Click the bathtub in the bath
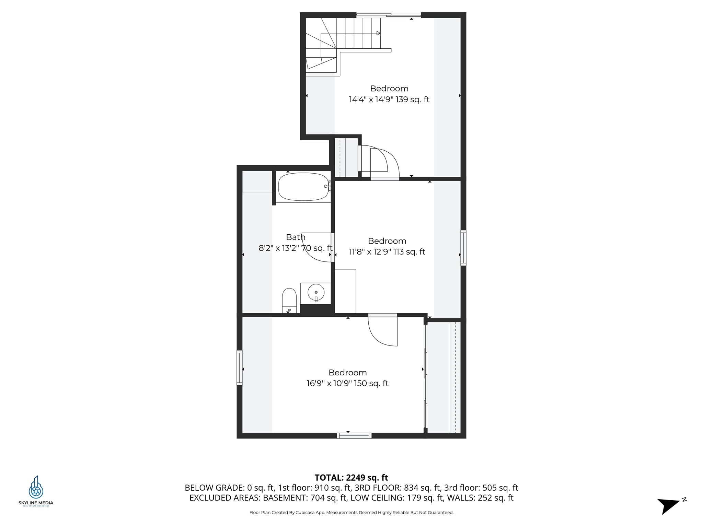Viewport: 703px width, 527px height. click(303, 187)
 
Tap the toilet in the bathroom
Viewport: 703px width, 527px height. click(289, 299)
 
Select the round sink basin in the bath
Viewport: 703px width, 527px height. click(316, 292)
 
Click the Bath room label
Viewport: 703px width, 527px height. click(296, 237)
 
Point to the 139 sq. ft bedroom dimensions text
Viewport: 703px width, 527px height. click(389, 99)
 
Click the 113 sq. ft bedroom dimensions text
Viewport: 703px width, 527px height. click(387, 252)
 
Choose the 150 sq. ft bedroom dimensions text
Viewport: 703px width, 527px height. click(347, 383)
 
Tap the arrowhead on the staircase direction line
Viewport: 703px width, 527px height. click(378, 33)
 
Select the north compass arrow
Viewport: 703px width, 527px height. click(669, 505)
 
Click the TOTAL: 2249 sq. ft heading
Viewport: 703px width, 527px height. click(351, 478)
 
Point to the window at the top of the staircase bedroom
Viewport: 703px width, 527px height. click(389, 15)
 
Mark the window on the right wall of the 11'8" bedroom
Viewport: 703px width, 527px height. click(463, 248)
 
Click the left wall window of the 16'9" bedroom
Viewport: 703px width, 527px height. click(240, 367)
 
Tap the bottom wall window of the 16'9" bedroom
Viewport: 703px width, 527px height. click(354, 436)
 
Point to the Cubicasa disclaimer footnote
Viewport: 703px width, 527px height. click(351, 513)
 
